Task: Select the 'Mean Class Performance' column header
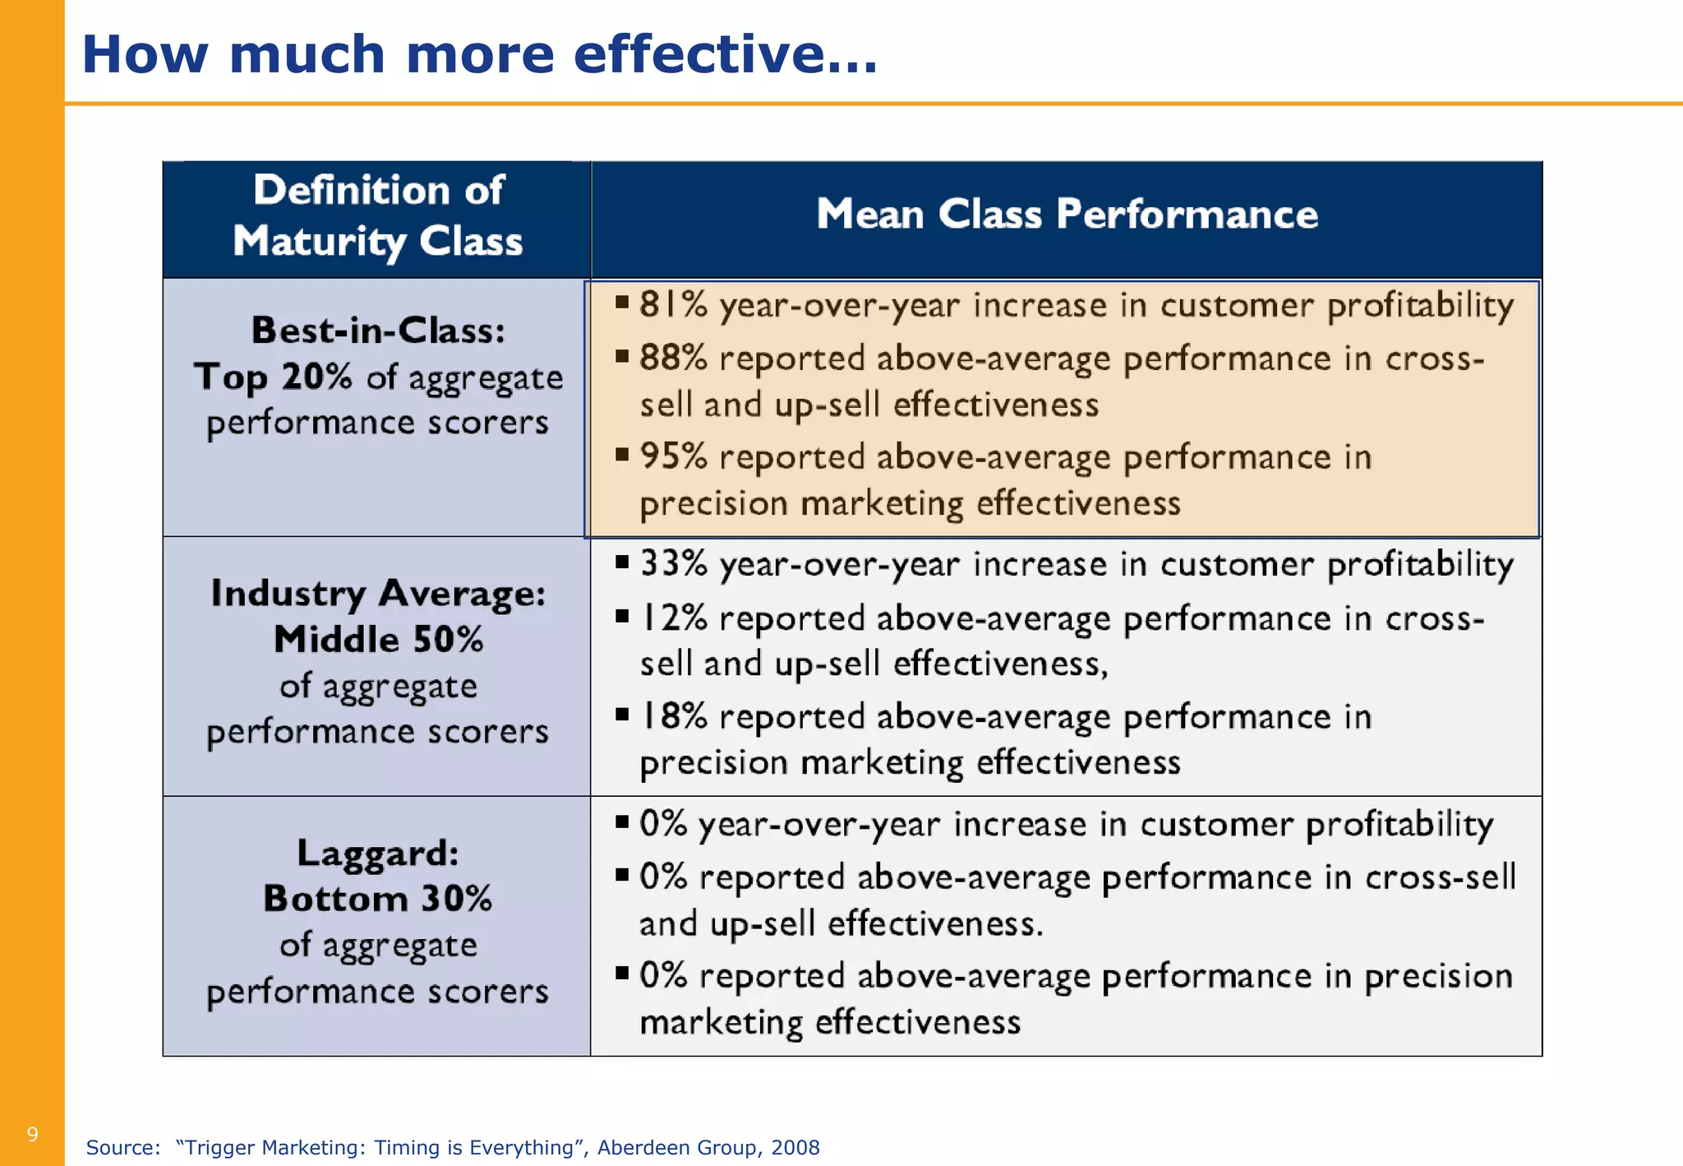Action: (1067, 215)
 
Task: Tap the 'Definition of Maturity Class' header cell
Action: (377, 215)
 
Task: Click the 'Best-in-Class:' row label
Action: (378, 331)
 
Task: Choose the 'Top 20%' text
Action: (274, 377)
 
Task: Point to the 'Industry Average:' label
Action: (378, 594)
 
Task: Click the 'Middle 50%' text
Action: (378, 640)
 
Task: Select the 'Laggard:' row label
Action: (378, 853)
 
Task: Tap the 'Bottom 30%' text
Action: (378, 899)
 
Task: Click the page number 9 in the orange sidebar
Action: (32, 1135)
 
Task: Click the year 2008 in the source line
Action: (795, 1147)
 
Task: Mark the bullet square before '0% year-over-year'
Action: (622, 821)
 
